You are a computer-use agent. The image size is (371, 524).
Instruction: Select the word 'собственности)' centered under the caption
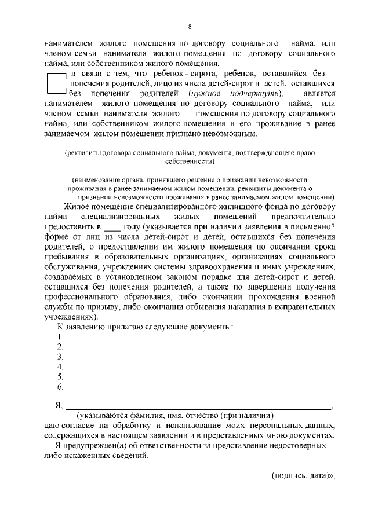tap(189, 163)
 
